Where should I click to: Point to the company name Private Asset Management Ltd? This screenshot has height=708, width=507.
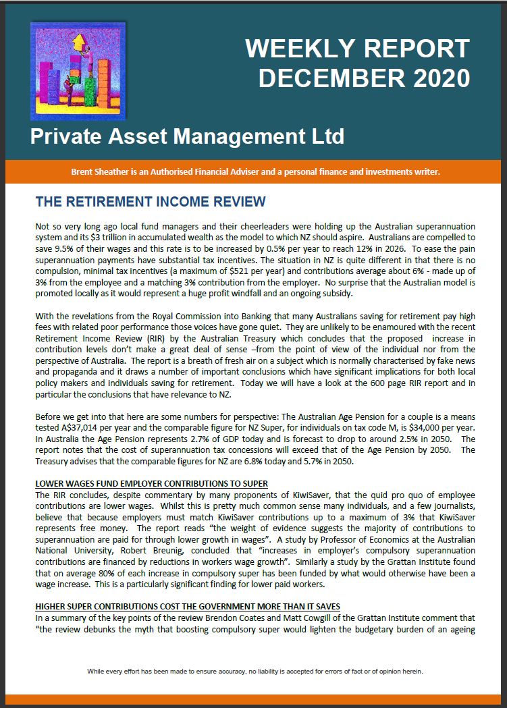pos(187,136)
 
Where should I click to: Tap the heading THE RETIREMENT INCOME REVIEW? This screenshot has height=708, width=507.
pos(151,202)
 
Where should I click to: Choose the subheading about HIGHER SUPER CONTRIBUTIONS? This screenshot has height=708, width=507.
pos(187,606)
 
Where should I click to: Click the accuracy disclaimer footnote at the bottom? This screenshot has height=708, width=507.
pos(255,672)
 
